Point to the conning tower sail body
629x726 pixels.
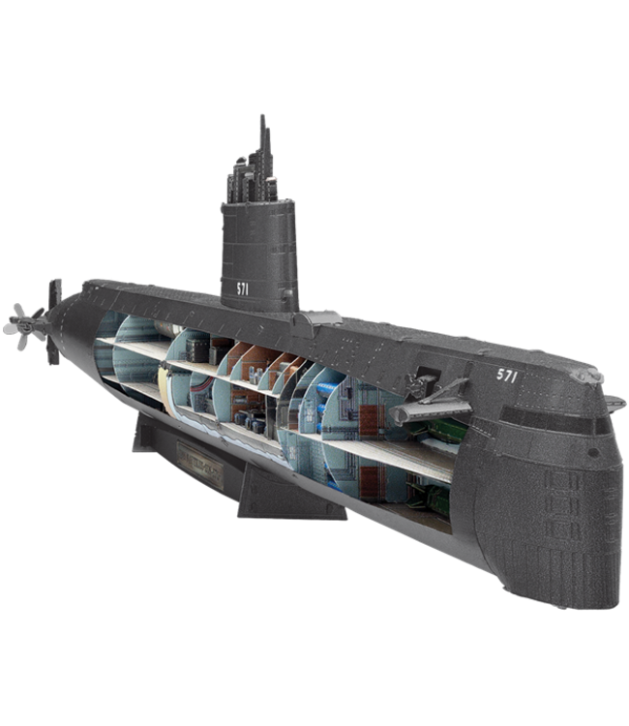[255, 252]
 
